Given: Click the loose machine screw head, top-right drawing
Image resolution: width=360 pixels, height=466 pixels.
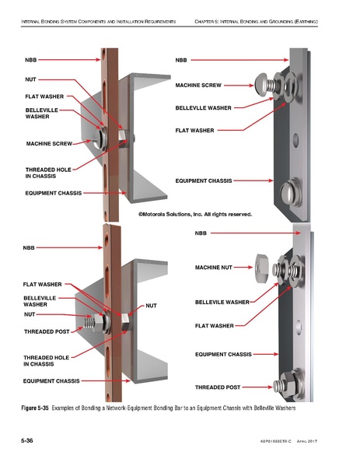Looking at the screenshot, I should pyautogui.click(x=262, y=80).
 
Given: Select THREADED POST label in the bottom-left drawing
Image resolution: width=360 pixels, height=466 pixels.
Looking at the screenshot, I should pyautogui.click(x=46, y=331).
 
